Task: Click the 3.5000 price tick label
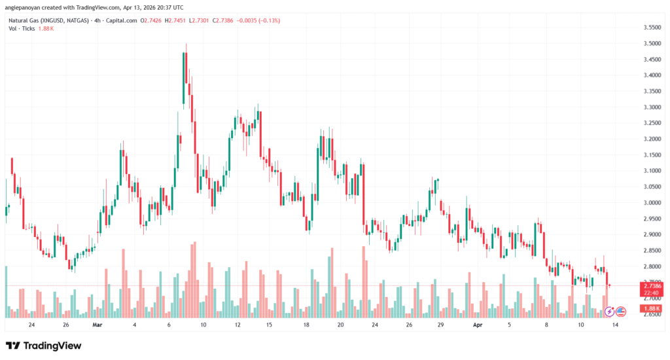point(633,43)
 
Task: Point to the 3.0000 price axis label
point(633,203)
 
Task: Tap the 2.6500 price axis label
point(633,314)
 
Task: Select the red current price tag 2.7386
point(633,286)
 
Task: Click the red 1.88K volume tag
point(633,309)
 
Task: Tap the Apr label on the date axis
point(477,324)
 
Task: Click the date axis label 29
point(442,324)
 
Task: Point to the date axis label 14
point(615,324)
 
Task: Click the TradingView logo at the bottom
point(44,346)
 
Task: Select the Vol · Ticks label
point(22,29)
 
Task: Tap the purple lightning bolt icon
point(609,311)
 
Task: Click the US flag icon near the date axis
point(620,311)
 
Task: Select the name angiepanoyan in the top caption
point(26,8)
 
